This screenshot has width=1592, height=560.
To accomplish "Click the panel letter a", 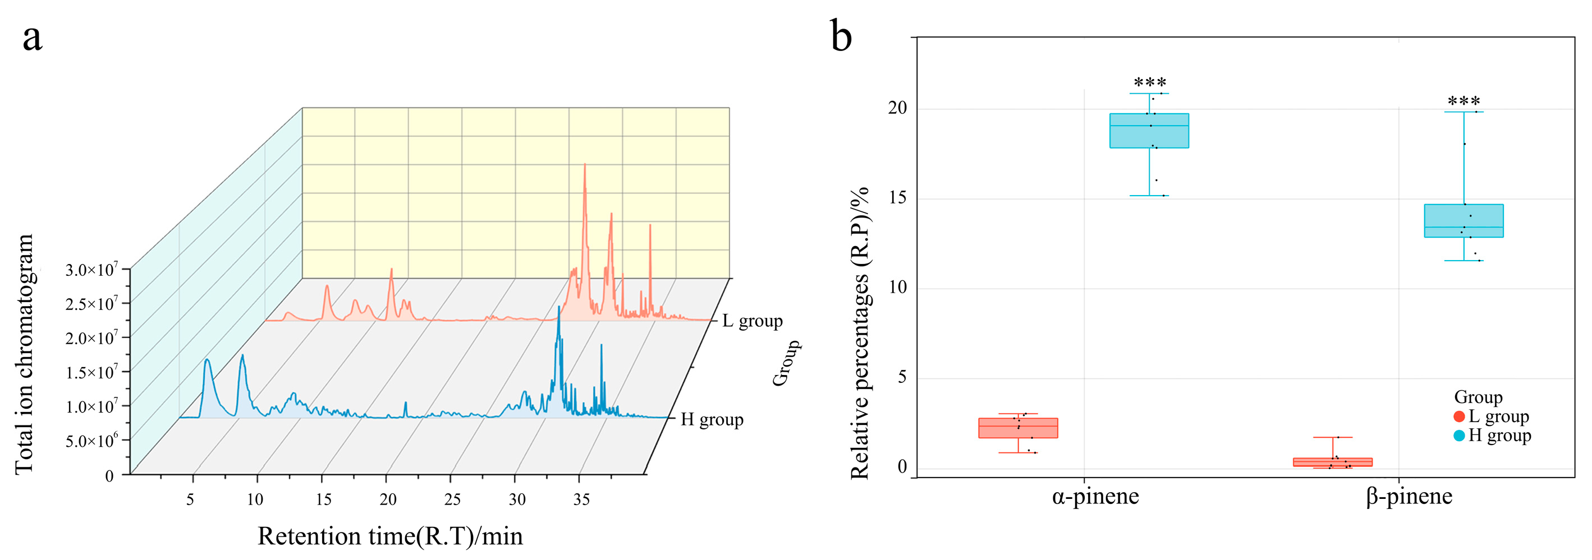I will point(32,38).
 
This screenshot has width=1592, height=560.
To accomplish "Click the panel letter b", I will point(841,36).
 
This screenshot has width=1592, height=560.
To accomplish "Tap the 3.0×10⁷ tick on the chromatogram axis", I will point(91,270).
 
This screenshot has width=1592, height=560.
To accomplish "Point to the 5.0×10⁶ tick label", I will point(91,442).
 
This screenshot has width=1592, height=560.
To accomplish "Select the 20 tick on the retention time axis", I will point(388,499).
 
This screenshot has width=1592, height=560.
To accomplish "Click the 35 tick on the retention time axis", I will point(581,499).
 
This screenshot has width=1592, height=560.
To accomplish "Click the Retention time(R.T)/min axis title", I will point(390,536).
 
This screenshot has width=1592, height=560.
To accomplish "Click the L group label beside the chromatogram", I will point(752,321).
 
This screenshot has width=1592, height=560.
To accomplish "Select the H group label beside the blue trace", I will point(712,420).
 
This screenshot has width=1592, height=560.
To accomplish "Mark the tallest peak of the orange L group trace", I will point(585,165).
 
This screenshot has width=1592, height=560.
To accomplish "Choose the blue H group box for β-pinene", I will point(1463,221).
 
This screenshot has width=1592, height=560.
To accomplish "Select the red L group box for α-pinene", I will point(1018,428).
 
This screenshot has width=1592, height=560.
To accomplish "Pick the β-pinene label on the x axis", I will point(1409,497).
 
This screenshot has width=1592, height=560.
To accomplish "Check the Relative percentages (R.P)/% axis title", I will point(860,334).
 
